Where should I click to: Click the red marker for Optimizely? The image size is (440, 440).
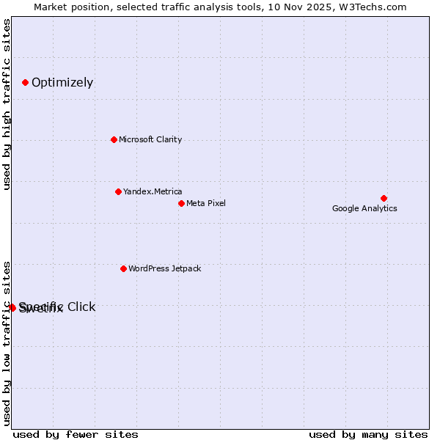click(x=25, y=82)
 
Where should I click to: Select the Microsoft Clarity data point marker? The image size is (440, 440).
click(x=114, y=139)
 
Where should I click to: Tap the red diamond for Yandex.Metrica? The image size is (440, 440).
click(x=118, y=191)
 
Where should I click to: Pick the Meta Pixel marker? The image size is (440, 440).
click(x=181, y=203)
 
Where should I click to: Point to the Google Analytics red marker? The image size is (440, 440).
click(x=384, y=198)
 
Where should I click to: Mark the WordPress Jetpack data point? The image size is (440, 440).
click(x=123, y=268)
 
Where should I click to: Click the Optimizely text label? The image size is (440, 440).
click(x=62, y=82)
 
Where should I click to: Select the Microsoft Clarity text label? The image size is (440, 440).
click(x=150, y=139)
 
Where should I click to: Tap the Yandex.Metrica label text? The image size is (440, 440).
click(x=153, y=191)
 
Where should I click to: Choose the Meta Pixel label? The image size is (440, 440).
click(x=206, y=203)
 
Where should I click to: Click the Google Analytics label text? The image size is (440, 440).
click(x=364, y=208)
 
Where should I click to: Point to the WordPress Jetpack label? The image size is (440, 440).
click(x=164, y=268)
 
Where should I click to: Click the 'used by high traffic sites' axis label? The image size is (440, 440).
click(x=7, y=104)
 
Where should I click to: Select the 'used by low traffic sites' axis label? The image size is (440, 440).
click(x=7, y=342)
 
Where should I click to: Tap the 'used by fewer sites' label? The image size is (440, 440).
click(x=76, y=434)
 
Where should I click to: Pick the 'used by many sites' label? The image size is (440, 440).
click(x=368, y=434)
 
